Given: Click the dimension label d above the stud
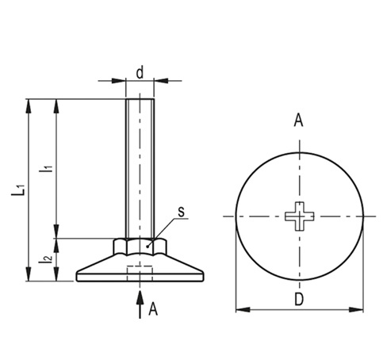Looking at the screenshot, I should (x=140, y=72).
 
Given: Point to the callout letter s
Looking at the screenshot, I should (x=181, y=212).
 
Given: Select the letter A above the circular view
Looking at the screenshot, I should (x=299, y=121).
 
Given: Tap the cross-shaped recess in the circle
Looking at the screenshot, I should (x=299, y=215).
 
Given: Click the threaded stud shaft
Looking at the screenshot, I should (x=140, y=167).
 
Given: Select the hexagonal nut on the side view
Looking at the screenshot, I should (x=140, y=246).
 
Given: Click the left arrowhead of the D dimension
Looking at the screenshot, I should (x=239, y=309).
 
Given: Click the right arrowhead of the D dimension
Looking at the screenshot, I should (x=359, y=309).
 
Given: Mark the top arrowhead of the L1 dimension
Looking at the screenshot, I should (x=29, y=103).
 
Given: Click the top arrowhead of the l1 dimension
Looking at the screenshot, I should (x=56, y=103).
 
